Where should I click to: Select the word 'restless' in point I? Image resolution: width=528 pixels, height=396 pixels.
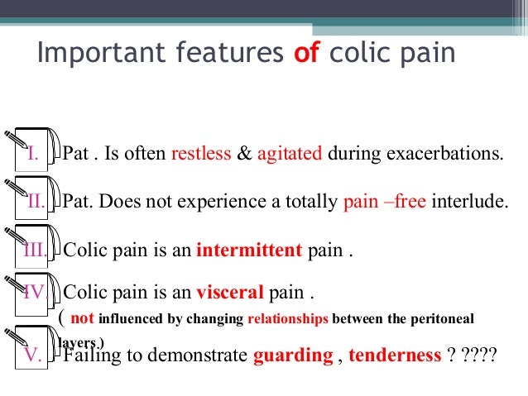[202, 155]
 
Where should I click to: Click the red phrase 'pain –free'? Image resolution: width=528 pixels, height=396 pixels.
[384, 201]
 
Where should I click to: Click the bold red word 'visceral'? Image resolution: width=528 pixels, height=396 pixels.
[230, 293]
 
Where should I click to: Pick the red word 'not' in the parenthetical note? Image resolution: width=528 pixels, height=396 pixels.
[83, 317]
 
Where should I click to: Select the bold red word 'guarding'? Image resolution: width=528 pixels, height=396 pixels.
[292, 356]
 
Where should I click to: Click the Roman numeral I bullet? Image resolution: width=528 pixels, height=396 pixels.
[33, 155]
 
